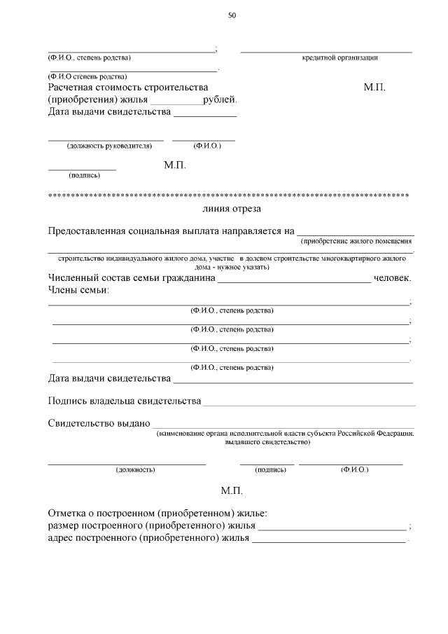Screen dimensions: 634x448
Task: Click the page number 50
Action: pos(232,16)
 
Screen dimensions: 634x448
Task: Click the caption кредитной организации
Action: pos(339,57)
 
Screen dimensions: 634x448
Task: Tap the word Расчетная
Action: pos(71,88)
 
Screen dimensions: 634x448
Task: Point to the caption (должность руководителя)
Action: pos(109,146)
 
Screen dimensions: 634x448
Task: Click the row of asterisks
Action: pos(228,193)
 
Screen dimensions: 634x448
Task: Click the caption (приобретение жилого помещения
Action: pos(356,242)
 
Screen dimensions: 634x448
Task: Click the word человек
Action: pos(392,279)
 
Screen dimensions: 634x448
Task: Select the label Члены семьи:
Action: pos(78,291)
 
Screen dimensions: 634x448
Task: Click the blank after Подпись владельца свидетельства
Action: pos(308,404)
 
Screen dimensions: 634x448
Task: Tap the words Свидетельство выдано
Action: pos(99,424)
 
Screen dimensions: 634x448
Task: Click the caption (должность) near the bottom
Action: pos(134,469)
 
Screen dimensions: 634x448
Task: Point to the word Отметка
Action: pos(68,514)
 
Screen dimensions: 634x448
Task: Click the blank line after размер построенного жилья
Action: pos(332,529)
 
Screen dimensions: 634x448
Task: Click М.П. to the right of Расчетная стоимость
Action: pos(374,88)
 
